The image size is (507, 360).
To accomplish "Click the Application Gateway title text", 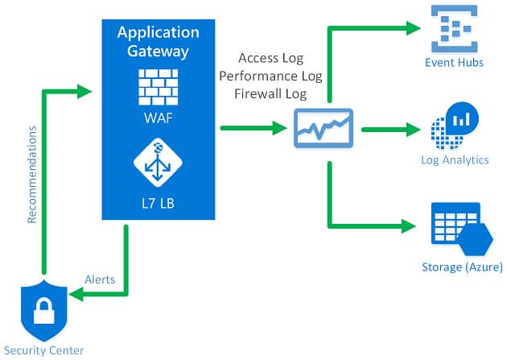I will coord(158,42).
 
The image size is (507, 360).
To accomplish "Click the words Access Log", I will coord(270,59).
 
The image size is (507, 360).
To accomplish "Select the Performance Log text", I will coord(270,76).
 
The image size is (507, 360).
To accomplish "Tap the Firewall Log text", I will coord(270,93).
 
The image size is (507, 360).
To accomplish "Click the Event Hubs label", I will coord(455,62).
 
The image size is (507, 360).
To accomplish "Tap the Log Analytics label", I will coord(455,159).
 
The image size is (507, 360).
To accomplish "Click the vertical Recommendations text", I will coord(32,173).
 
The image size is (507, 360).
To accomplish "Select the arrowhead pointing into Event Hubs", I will coord(414,28).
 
